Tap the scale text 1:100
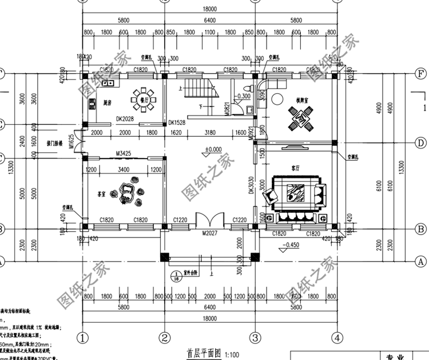[x=232, y=354]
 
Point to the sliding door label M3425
[x=124, y=153]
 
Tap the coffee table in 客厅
[x=296, y=195]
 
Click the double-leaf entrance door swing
[x=208, y=220]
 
